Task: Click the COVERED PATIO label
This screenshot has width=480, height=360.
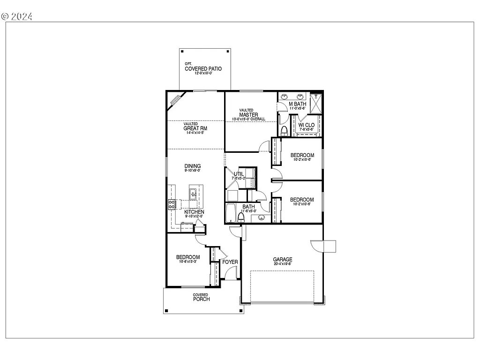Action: (203, 69)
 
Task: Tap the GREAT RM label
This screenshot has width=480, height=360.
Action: (195, 128)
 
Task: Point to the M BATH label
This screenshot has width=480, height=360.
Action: (297, 104)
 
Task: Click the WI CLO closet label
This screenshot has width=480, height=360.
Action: (307, 125)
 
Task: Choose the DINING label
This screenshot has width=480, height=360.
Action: (192, 166)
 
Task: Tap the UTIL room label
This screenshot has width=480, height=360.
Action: (238, 174)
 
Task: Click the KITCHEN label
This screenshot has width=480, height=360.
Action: (194, 212)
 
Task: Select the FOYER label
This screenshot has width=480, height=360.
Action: (230, 262)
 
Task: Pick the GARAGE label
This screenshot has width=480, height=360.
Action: (283, 259)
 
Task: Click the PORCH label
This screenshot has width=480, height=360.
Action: (201, 299)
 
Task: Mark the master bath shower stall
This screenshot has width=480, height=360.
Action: (316, 104)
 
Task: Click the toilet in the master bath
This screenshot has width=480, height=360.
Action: (284, 129)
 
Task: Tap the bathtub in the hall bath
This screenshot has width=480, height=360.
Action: (231, 213)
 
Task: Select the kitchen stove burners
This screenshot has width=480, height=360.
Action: (172, 204)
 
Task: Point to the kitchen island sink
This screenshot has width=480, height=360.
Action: (193, 192)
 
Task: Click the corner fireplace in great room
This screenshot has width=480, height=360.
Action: (175, 99)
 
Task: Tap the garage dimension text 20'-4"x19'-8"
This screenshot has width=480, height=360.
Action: (283, 264)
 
